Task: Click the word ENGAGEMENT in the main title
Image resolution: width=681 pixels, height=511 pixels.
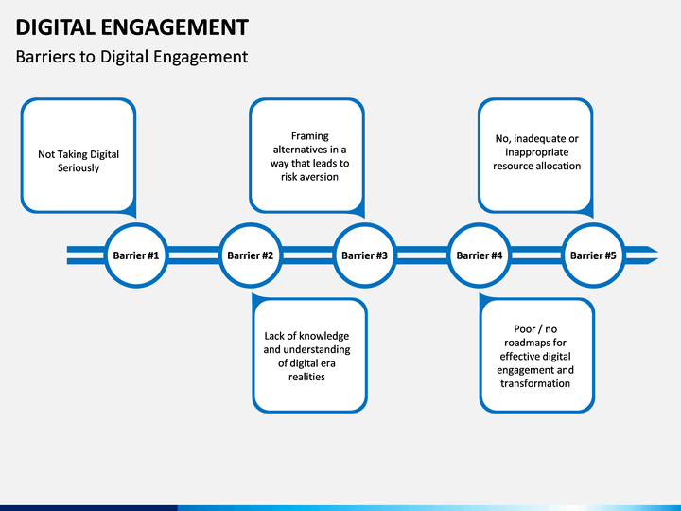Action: pos(175,26)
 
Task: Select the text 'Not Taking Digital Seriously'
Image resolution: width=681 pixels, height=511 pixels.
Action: pos(79,161)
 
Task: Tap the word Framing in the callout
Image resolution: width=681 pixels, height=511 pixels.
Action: pos(309,136)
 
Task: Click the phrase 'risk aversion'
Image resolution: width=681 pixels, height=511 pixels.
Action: pos(309,177)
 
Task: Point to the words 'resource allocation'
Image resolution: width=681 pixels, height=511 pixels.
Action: pos(537,166)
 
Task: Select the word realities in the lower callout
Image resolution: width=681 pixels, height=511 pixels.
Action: pos(306,377)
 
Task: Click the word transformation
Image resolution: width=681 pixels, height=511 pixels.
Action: pos(535,383)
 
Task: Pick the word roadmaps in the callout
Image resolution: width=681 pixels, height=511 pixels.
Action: pos(535,343)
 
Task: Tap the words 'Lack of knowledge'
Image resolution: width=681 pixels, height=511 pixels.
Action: pos(306,336)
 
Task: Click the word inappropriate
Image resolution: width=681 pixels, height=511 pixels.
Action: pos(537,152)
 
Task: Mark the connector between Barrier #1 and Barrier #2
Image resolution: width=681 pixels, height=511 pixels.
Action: pos(193,255)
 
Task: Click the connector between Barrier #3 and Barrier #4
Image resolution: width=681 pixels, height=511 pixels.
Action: pos(422,255)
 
